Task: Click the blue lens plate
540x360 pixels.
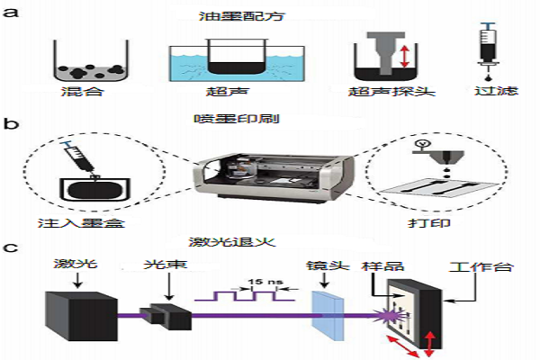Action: [326, 310]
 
